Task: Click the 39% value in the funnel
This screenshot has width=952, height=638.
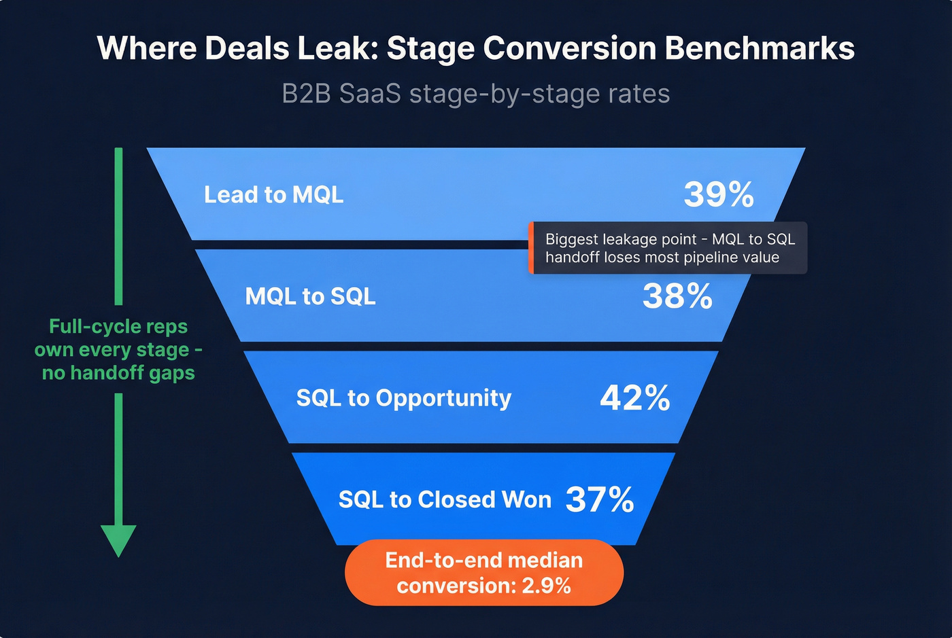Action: pos(719,195)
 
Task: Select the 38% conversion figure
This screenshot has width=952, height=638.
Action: pos(677,296)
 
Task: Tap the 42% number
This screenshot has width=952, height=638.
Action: pos(635,398)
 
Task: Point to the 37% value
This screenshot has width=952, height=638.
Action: pos(600,500)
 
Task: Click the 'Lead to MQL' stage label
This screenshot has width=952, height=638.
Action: pos(273,195)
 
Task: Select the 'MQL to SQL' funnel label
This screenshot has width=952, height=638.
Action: pos(310,296)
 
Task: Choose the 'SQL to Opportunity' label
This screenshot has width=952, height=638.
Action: pos(403,398)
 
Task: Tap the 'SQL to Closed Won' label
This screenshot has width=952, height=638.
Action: pos(445,500)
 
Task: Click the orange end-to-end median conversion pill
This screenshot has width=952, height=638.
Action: pos(483,572)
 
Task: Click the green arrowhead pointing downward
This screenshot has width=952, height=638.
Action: pos(118,540)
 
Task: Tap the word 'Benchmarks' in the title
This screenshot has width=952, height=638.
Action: pos(760,48)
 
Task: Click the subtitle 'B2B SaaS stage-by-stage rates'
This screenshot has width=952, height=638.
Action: pos(476,94)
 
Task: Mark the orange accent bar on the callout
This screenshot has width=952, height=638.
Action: pos(531,248)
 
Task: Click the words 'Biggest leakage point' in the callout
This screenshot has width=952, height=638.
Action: pos(621,239)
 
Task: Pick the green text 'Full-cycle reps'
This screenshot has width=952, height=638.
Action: pos(118,327)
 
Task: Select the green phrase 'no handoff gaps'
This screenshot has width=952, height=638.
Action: pos(118,373)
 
